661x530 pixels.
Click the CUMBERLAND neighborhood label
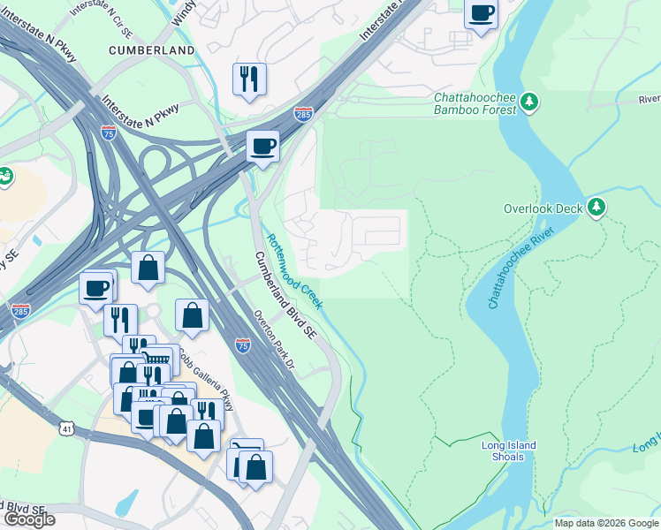152,50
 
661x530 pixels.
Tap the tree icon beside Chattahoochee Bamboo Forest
530,102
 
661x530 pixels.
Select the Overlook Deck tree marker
597,208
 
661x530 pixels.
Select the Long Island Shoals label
509,451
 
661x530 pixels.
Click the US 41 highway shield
65,429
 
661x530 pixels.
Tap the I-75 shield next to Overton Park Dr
243,345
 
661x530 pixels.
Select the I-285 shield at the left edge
19,311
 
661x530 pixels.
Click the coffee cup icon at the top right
482,14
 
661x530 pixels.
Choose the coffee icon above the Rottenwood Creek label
262,147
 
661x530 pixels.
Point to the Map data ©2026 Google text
606,523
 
